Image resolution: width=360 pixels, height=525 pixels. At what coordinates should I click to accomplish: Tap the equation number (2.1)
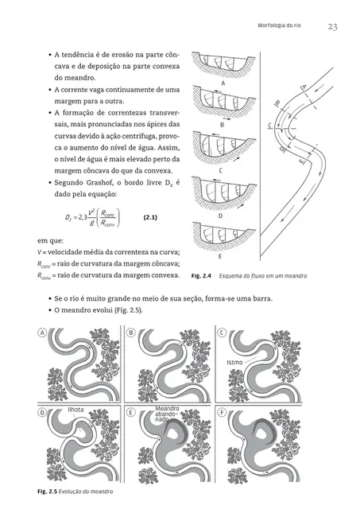point(154,216)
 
